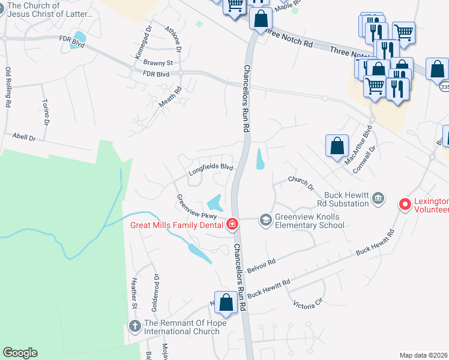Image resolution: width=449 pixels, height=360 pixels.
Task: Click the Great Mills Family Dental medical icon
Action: click(x=232, y=225)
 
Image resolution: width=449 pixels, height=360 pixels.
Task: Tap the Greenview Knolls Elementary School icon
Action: click(x=265, y=221)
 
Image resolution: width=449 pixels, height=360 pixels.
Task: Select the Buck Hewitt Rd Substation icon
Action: click(x=378, y=199)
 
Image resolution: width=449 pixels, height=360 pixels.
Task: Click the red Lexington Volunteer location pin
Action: click(x=405, y=205)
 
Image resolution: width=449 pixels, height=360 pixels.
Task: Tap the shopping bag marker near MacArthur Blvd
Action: click(x=337, y=145)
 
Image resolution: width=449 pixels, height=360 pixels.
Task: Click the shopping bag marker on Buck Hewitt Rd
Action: click(x=226, y=303)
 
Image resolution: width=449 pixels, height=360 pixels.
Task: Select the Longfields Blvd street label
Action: click(x=210, y=170)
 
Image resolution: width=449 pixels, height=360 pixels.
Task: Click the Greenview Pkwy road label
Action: click(x=196, y=207)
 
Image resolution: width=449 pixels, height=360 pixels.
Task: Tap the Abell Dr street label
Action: click(x=25, y=137)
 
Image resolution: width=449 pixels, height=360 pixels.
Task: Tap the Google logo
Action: click(x=20, y=353)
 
